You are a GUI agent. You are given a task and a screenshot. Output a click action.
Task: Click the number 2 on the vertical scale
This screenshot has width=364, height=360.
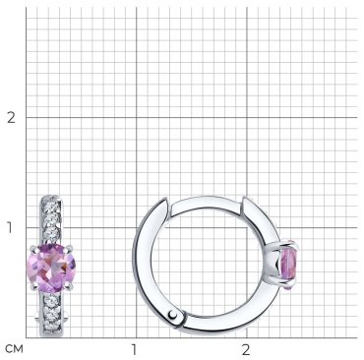click(11, 117)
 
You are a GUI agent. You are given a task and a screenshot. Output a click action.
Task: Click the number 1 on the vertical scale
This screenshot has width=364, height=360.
click(10, 227)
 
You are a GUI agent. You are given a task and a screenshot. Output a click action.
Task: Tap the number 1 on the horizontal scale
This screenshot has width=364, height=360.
click(134, 350)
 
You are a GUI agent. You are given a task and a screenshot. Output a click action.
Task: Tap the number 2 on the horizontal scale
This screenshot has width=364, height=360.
click(246, 350)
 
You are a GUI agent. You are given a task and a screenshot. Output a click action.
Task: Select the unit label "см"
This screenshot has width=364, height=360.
click(15, 349)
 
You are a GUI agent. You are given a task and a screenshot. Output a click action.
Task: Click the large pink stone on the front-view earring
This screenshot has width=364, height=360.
click(51, 268)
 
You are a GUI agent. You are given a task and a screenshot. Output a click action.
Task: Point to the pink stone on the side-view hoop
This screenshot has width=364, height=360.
click(289, 266)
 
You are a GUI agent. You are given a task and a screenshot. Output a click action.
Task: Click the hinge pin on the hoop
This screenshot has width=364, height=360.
click(173, 315)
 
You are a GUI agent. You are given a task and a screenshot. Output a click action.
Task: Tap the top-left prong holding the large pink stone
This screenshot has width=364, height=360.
click(33, 248)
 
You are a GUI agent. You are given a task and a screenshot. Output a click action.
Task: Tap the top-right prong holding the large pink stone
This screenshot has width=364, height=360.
click(68, 249)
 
